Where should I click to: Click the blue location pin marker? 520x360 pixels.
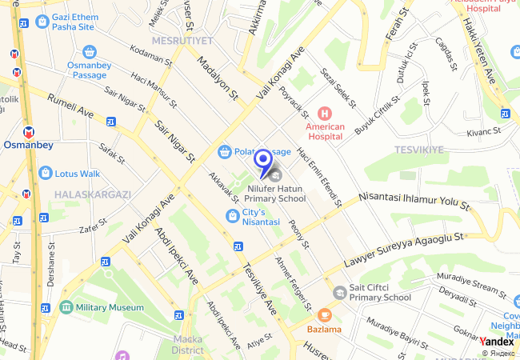pos(262,162)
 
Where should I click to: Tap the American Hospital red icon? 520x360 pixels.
pos(325,114)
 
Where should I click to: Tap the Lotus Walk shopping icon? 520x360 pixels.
pos(46,173)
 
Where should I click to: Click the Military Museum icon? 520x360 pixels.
pos(66,307)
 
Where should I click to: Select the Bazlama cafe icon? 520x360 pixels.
pos(324,315)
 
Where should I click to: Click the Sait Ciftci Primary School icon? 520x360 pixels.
pos(340,293)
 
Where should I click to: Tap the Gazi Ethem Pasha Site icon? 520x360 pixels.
pos(40,21)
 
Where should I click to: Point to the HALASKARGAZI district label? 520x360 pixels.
pos(92,194)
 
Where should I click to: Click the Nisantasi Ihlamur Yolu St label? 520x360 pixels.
pos(414,197)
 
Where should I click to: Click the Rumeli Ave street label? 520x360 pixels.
pos(70,108)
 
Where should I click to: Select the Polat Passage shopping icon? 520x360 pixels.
pos(226,151)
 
